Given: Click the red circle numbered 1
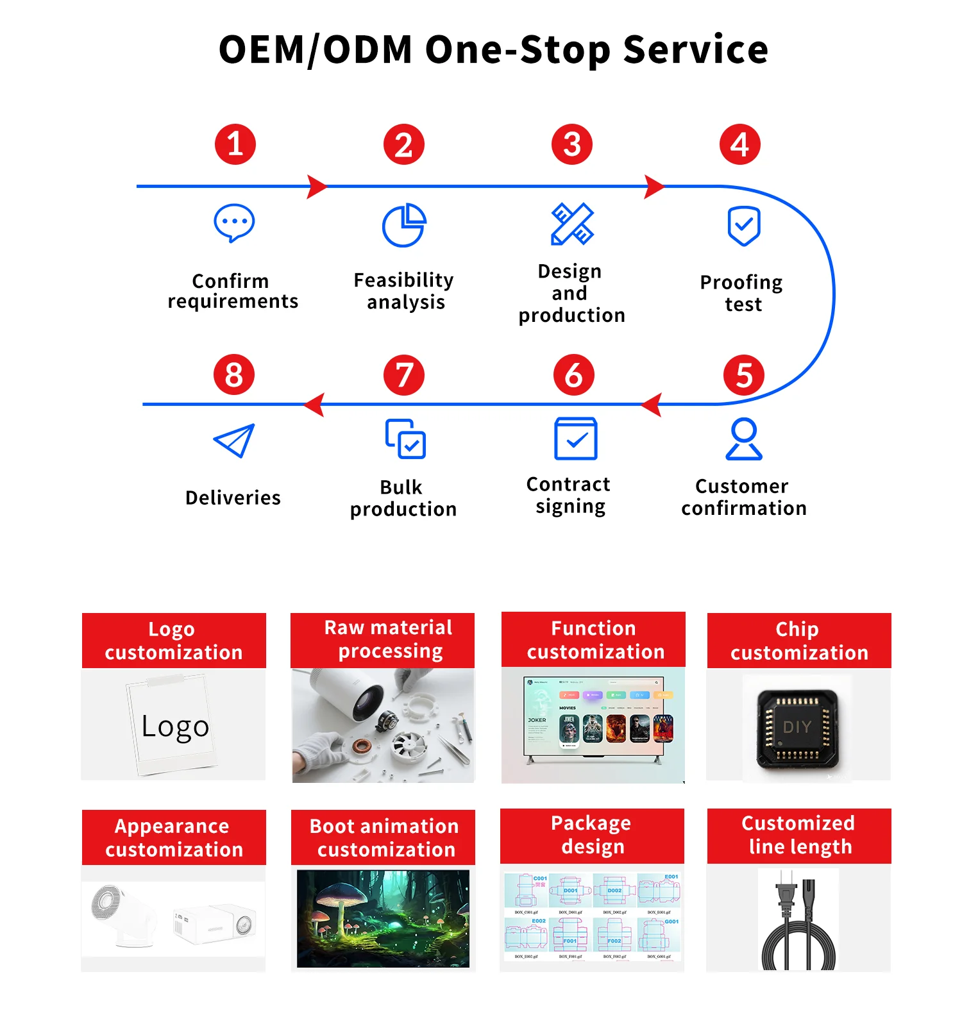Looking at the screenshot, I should point(235,144).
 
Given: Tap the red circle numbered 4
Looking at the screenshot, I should point(739,144).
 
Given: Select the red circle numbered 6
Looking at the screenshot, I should point(573,375).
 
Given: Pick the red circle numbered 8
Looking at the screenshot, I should point(234,375).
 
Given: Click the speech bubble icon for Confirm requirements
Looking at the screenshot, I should point(234,223).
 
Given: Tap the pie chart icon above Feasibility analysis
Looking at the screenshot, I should point(404,225).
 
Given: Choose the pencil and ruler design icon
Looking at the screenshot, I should point(572,224).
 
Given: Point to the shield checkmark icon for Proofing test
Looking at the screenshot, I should point(744,226).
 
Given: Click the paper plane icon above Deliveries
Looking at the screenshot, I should point(234,441).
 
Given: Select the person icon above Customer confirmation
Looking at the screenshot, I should point(744,439).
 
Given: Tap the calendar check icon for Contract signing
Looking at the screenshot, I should point(575,439).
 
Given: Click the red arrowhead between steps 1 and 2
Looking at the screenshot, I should point(317,187).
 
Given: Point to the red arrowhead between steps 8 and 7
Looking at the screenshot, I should point(314,405).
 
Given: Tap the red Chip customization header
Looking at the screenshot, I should point(799,641).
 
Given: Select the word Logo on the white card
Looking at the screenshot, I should point(175,726).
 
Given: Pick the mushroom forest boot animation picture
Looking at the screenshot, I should point(383,918).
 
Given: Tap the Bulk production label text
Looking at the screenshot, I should point(403,498).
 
